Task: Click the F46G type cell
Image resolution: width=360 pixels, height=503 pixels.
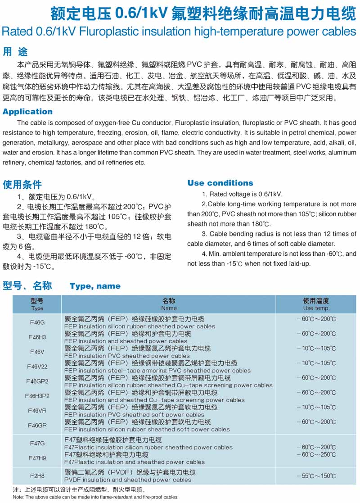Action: pyautogui.click(x=37, y=322)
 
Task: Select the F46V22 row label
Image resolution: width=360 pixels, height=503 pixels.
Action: pyautogui.click(x=37, y=367)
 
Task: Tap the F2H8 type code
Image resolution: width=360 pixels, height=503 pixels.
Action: pyautogui.click(x=37, y=476)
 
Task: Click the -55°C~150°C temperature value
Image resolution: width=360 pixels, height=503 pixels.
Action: pyautogui.click(x=316, y=476)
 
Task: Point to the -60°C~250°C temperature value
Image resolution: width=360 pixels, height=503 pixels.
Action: pyautogui.click(x=316, y=455)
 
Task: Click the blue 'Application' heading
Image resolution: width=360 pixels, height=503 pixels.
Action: pyautogui.click(x=28, y=112)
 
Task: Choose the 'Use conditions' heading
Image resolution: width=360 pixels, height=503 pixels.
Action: pyautogui.click(x=220, y=183)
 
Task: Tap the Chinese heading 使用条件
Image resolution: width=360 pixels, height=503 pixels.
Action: pyautogui.click(x=22, y=185)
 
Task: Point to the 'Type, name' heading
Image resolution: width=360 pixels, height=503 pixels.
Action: pyautogui.click(x=95, y=286)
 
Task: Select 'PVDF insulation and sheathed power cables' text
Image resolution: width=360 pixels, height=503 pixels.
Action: pyautogui.click(x=128, y=480)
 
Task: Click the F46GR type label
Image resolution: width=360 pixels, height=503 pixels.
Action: pyautogui.click(x=37, y=425)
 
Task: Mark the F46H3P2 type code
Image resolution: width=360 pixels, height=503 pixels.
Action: pyautogui.click(x=37, y=396)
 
